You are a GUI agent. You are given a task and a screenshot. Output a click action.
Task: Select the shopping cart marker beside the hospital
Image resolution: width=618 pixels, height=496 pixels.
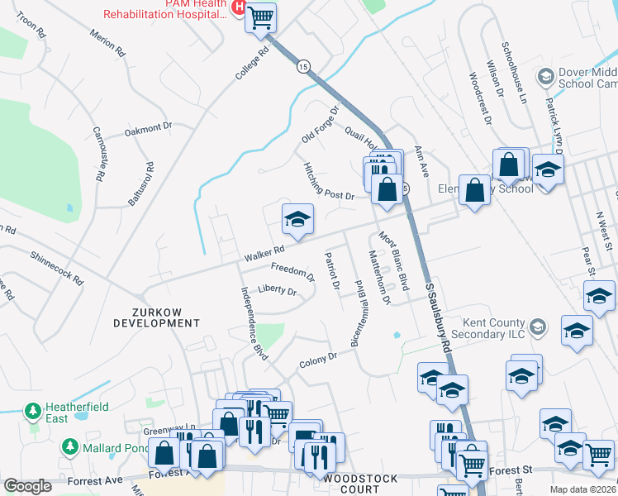pos(261,17)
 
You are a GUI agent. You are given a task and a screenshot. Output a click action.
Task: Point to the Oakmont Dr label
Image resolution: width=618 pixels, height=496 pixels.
pos(147,130)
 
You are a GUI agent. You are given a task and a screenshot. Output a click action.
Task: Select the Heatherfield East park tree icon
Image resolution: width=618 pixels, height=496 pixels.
pos(32,410)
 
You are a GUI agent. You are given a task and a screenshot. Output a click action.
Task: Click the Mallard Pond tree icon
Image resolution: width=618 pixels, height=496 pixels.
pos(69,448)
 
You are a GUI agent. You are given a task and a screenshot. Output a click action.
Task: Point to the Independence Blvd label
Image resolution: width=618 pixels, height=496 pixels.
pos(254,323)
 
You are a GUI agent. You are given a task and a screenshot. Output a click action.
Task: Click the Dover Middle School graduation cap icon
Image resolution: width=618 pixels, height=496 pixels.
pos(545,77)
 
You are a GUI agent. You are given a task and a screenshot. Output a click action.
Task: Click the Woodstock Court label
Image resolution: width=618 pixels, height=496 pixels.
pos(361,484)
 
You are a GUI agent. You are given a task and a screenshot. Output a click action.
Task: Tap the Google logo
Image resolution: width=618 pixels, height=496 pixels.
pos(27,486)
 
